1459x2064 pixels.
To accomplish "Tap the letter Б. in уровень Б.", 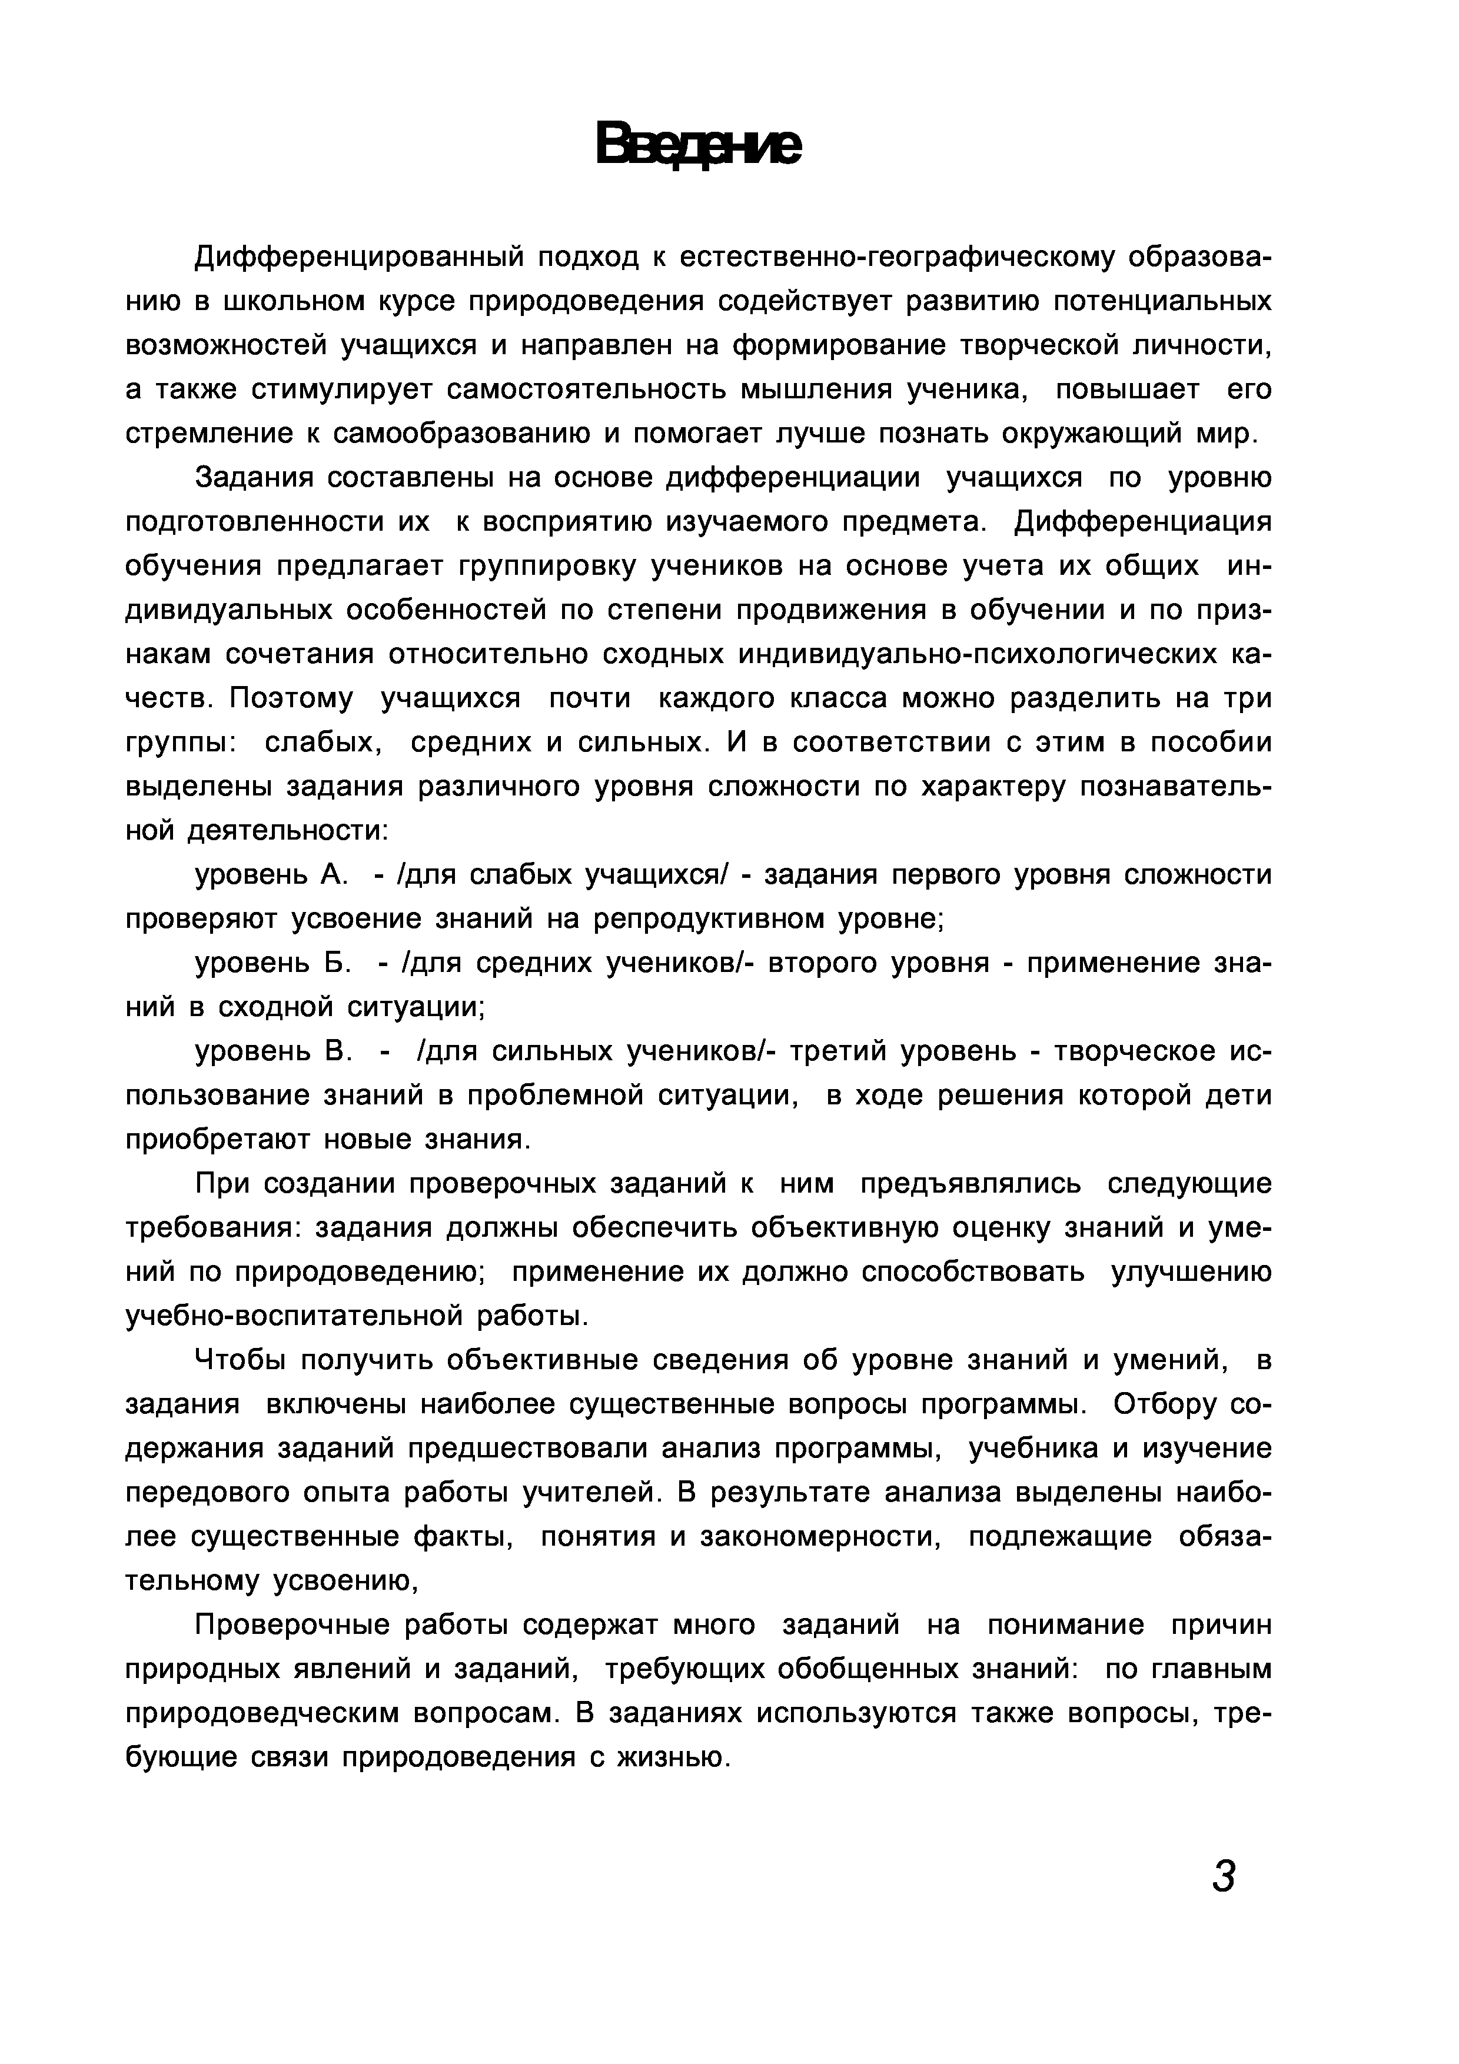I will pyautogui.click(x=335, y=963).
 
